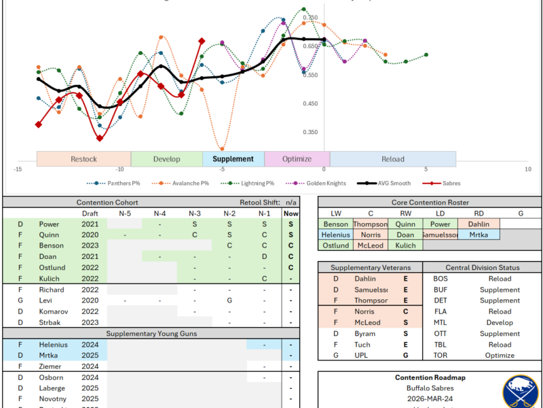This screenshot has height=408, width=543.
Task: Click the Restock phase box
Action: [x=83, y=159]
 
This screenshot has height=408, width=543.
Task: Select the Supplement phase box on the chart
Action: [x=233, y=159]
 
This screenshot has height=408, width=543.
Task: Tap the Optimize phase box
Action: [x=297, y=159]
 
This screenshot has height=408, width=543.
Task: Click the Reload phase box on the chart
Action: [x=392, y=159]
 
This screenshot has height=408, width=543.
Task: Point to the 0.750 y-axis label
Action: [x=310, y=18]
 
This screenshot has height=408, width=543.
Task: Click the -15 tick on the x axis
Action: [x=18, y=169]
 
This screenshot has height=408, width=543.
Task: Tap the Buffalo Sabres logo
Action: [x=521, y=392]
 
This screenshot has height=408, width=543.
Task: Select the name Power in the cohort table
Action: [x=48, y=224]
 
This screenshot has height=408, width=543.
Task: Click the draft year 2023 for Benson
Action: [x=90, y=245]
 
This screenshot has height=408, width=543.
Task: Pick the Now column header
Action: [x=291, y=214]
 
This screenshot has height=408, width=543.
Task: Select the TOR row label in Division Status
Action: [x=441, y=355]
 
